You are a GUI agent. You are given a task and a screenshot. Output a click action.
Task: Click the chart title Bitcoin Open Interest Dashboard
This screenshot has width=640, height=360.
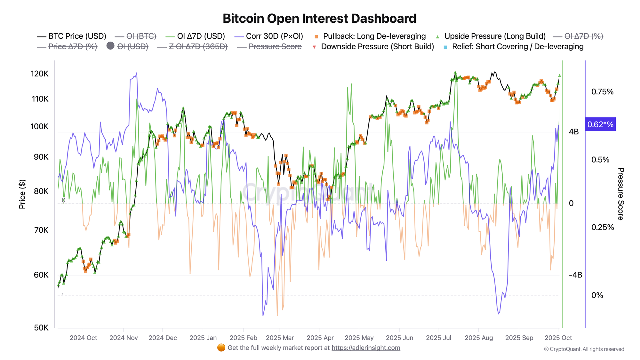tap(319, 19)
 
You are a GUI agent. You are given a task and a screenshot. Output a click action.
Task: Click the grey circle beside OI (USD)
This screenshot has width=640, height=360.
tap(110, 46)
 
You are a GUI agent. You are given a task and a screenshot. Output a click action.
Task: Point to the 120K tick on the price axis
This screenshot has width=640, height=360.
tap(39, 74)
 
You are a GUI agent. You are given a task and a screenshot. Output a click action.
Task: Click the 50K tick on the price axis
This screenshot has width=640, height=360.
tap(41, 328)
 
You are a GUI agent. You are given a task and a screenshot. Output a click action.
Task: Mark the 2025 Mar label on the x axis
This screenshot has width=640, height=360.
tap(280, 338)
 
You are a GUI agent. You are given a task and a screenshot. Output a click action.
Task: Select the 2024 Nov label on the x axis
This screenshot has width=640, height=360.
tap(124, 338)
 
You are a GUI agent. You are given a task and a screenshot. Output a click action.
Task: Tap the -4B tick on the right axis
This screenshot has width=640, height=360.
tap(575, 275)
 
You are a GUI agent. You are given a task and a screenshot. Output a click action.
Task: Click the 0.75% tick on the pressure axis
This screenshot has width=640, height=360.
tap(602, 92)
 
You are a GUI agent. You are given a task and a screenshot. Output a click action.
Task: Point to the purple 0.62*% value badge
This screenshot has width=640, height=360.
tap(600, 124)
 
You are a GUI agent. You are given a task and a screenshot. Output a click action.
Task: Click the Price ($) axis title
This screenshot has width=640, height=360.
tap(22, 194)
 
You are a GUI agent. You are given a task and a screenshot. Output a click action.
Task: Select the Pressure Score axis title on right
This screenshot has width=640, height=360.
tap(620, 194)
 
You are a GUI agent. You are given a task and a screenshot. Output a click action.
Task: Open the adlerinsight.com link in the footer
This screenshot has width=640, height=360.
tap(366, 348)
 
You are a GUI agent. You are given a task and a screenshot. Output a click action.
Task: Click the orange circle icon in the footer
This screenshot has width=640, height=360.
tap(221, 348)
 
